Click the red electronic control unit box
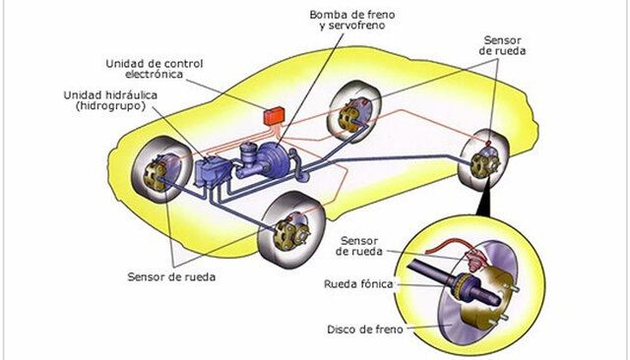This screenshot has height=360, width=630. point(271,113)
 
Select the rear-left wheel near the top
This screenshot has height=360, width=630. point(356,110)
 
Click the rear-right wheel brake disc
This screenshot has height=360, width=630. point(484,162)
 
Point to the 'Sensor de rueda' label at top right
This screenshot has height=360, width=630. point(503,45)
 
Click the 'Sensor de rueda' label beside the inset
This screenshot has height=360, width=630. point(364,245)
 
